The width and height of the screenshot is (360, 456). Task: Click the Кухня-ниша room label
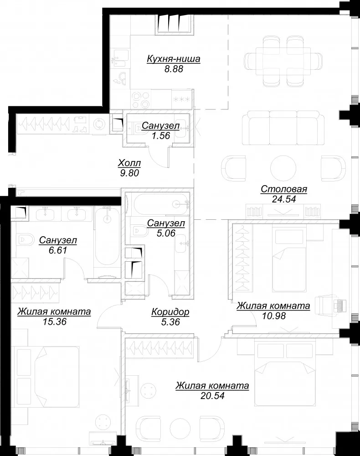pos(174,59)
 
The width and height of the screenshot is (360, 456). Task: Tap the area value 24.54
pos(284,199)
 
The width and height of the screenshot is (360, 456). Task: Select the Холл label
pos(129,163)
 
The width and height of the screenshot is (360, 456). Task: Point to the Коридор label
pos(170,312)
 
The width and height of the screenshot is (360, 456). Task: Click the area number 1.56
pos(161,135)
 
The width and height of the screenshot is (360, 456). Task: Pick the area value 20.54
pos(212,395)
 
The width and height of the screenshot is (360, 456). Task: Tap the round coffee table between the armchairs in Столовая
pos(283,168)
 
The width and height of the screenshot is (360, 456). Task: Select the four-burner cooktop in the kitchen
pos(141,99)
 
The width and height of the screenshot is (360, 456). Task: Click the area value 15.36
pos(54,321)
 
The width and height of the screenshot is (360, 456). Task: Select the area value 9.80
pos(129,173)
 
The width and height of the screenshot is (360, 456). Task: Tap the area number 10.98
pos(273,316)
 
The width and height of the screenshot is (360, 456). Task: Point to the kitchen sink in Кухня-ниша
pos(121,57)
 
